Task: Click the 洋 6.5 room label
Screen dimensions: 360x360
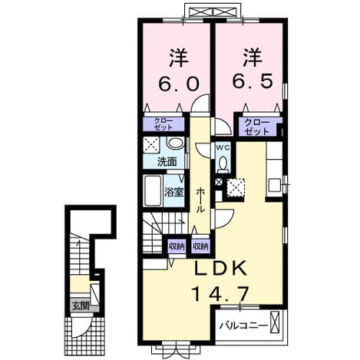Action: point(253,69)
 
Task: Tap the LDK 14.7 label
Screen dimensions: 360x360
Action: point(220,281)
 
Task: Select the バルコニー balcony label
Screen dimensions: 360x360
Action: point(244,326)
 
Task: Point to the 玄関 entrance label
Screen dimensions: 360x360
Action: point(81,306)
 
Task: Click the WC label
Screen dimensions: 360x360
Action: point(223,147)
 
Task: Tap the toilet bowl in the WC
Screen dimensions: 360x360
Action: point(223,163)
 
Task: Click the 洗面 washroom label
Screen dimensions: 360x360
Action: point(167,162)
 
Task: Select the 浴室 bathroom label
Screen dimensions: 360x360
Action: point(174,192)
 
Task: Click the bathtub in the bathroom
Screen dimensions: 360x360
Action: point(153,190)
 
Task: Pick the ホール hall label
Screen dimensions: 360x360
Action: point(200,200)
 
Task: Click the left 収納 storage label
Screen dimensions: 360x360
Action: point(177,246)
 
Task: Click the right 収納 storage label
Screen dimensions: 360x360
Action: point(201,246)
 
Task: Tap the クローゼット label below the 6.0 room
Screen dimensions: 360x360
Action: point(163,124)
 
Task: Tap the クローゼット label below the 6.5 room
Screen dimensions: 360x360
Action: point(257,127)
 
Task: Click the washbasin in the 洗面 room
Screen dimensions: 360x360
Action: point(175,143)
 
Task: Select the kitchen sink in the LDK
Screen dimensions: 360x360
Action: point(274,185)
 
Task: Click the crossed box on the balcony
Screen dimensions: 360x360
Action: point(274,322)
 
